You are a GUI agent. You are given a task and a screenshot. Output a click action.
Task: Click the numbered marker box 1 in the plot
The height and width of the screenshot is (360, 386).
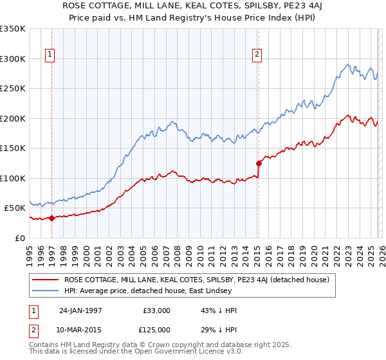coord(50,55)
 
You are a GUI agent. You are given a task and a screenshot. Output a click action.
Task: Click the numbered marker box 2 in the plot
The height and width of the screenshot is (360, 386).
coord(257,55)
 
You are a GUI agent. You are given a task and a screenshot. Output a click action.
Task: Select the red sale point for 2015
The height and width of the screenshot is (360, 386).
coord(259,163)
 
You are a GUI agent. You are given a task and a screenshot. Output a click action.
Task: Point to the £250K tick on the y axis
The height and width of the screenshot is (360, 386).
coord(13,89)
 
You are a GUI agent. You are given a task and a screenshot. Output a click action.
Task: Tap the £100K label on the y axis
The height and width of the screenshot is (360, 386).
coord(13,178)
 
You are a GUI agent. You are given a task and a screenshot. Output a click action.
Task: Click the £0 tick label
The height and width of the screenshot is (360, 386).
coord(19,238)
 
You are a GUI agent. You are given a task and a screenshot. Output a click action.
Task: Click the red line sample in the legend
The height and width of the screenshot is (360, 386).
coord(46,280)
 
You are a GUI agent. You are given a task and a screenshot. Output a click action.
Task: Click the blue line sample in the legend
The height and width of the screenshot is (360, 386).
coord(46,291)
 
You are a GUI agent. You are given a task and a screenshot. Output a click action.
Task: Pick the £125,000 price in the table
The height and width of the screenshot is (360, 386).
coord(156,330)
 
